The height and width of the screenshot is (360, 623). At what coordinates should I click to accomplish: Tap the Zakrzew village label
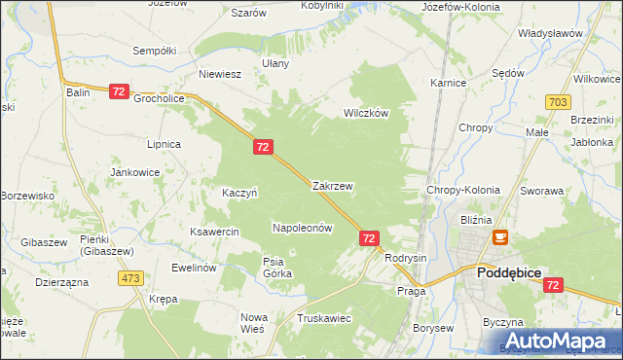point(332,185)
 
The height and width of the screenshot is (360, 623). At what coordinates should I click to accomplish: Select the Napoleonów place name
point(302,228)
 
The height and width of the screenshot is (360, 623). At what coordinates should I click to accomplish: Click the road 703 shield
point(558,102)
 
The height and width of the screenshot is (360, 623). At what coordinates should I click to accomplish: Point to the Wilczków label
point(365,113)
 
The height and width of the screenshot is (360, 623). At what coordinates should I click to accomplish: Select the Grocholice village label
point(159,98)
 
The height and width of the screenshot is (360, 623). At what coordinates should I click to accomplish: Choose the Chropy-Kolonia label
point(463,191)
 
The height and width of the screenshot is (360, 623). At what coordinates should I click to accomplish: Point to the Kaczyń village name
point(239,193)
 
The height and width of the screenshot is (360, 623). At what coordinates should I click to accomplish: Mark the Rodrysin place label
point(406,258)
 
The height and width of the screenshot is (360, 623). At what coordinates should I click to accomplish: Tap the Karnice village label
point(448,84)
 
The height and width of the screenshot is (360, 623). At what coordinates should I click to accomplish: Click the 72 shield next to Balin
point(119,91)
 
